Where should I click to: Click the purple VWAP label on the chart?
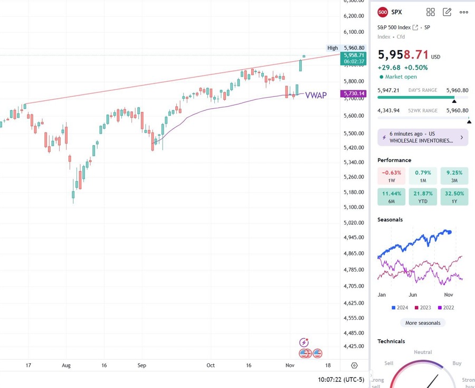[316, 96]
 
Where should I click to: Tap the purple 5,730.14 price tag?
[354, 93]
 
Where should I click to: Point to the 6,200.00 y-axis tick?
[354, 16]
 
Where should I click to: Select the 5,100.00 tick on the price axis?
[354, 207]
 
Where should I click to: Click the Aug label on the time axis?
[66, 365]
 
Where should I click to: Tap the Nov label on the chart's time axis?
[290, 365]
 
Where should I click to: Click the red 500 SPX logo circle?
[383, 12]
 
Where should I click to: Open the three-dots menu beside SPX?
[464, 12]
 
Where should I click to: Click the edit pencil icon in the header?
[447, 12]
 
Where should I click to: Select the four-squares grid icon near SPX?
[431, 12]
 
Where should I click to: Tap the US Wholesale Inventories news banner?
[423, 137]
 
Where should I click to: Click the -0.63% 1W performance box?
[392, 176]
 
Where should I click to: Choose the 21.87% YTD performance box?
[423, 197]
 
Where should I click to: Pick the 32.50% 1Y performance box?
[454, 197]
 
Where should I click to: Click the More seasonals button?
[423, 323]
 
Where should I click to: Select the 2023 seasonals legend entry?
[422, 307]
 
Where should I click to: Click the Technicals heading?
[391, 342]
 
